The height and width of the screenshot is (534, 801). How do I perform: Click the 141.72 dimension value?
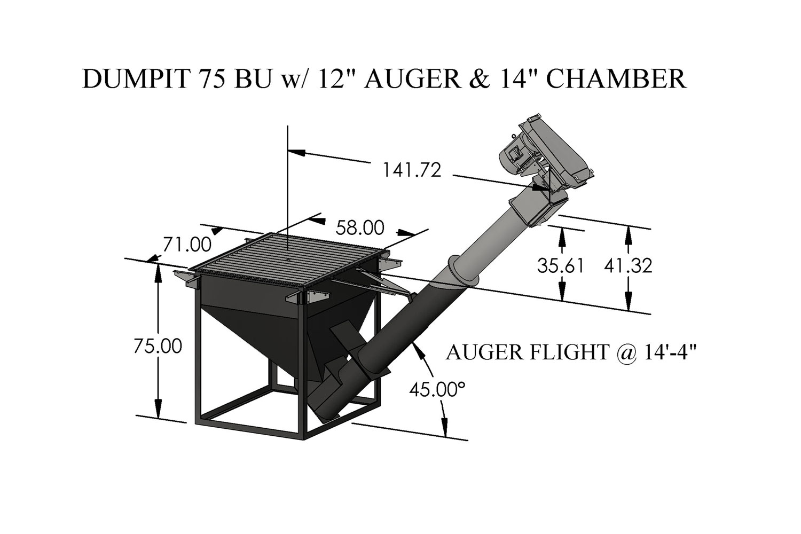412,170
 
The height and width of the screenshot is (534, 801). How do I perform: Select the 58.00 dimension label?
360,227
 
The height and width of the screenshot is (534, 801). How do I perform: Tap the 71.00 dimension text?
187,245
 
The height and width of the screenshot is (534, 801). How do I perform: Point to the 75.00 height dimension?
158,346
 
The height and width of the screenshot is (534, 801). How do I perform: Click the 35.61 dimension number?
561,266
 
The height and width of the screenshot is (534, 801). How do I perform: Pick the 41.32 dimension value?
629,266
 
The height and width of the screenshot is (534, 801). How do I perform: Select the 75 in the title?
213,79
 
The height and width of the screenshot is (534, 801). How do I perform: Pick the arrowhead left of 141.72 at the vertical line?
297,152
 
